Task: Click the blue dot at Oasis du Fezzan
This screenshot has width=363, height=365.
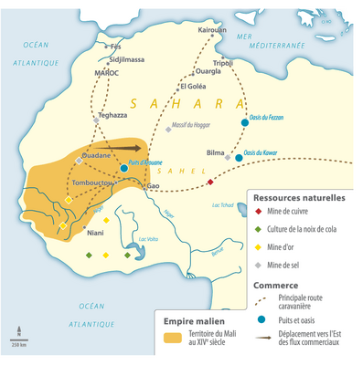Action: (244, 122)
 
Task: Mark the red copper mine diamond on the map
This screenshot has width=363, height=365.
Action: (210, 182)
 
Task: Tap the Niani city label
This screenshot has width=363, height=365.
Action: (95, 233)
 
